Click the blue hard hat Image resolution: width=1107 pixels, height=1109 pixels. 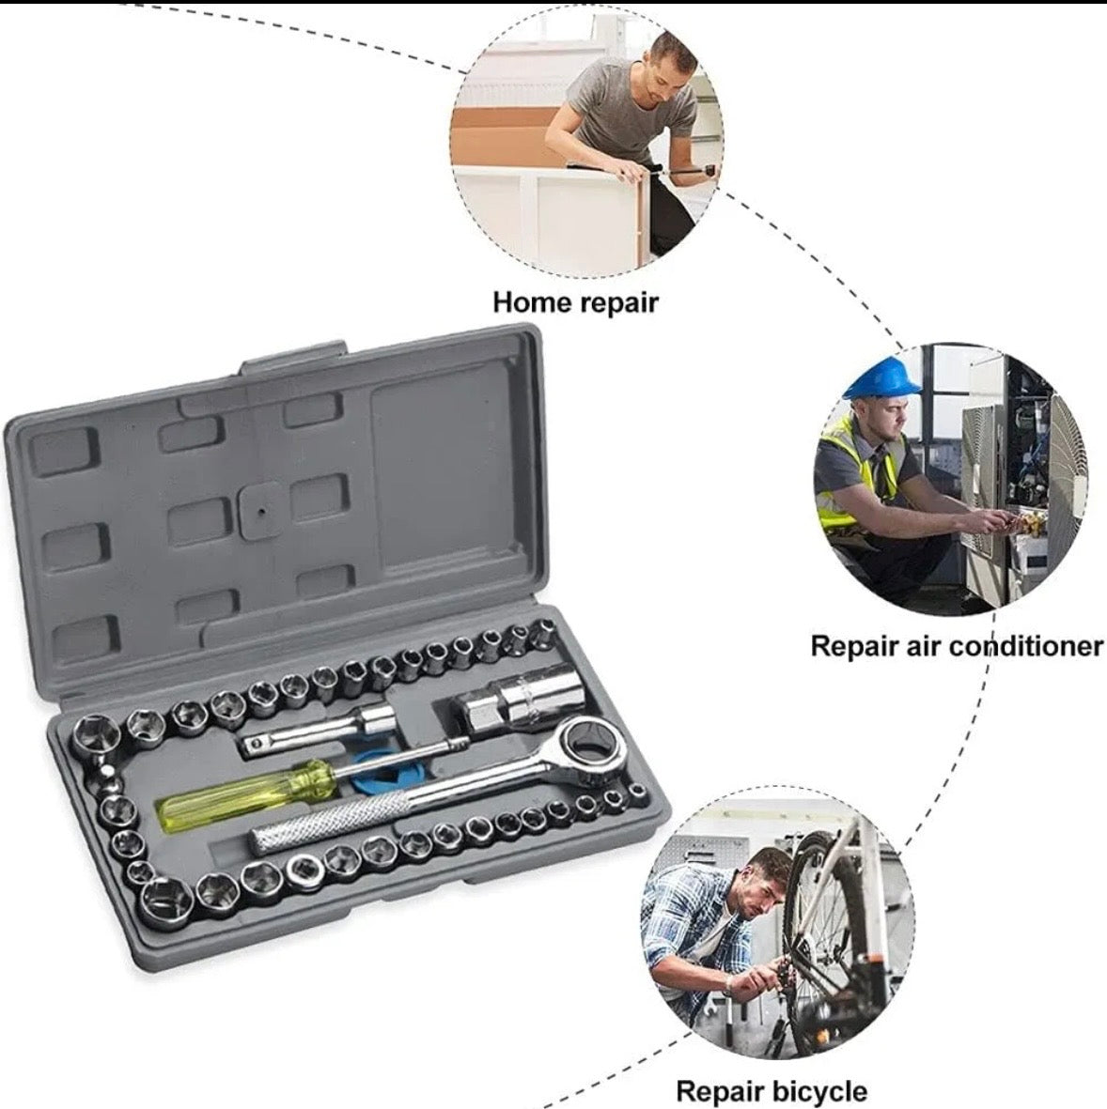point(884,377)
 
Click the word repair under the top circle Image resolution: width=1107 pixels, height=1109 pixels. point(618,303)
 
